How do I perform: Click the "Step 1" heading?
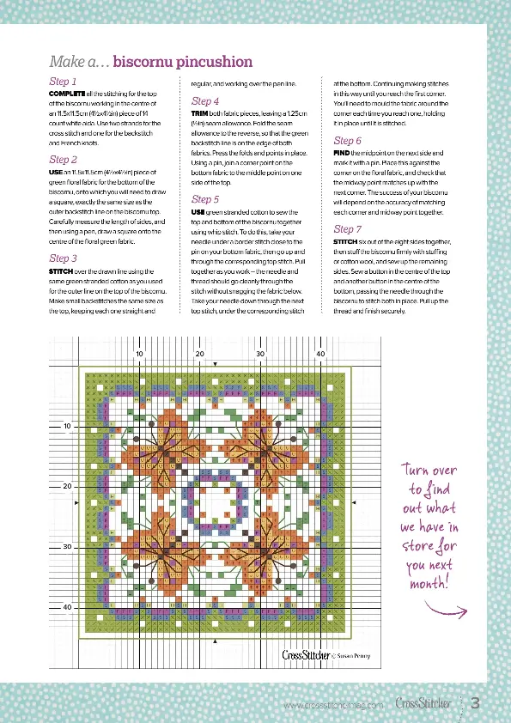tap(63, 81)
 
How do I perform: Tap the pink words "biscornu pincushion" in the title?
tap(183, 62)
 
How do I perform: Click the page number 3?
tap(474, 703)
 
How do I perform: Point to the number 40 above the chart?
tap(320, 354)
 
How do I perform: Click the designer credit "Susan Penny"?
tap(340, 655)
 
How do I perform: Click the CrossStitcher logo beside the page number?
tap(423, 703)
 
